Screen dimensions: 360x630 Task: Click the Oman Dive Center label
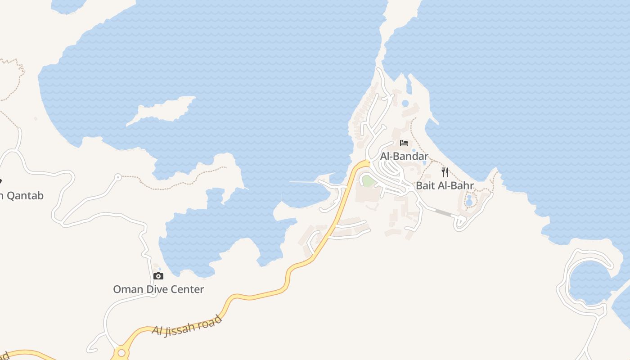point(158,289)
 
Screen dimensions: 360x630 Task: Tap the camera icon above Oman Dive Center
point(158,276)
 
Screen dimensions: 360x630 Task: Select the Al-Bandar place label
point(404,156)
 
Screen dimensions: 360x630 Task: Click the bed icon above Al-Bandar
point(404,143)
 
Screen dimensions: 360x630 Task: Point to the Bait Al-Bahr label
point(445,185)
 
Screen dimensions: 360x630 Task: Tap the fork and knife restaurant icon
point(445,172)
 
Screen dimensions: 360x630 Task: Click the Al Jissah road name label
point(187,326)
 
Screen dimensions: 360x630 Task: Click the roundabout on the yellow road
point(121,352)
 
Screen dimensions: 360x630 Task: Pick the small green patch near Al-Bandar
point(368,181)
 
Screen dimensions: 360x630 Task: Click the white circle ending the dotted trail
point(118,177)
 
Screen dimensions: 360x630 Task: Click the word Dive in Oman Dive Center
point(158,289)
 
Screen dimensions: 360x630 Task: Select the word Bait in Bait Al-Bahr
point(426,185)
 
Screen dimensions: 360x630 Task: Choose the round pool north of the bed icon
point(405,103)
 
